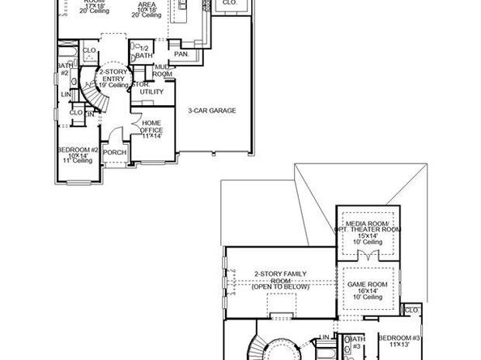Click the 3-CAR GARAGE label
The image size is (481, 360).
pos(212,110)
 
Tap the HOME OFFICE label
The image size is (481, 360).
pos(152,127)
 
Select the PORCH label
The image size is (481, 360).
pos(114,151)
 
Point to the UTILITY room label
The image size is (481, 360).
pos(151,91)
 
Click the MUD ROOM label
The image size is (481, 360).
pos(163,70)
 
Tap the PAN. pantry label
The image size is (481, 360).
pos(182,53)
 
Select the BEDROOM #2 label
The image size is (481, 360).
pos(78,150)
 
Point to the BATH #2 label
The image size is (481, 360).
pos(63,69)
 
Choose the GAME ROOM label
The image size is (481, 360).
pos(368,286)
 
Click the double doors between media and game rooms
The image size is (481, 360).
pos(368,257)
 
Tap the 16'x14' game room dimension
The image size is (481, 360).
pos(368,291)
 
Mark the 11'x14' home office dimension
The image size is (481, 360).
pos(152,137)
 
